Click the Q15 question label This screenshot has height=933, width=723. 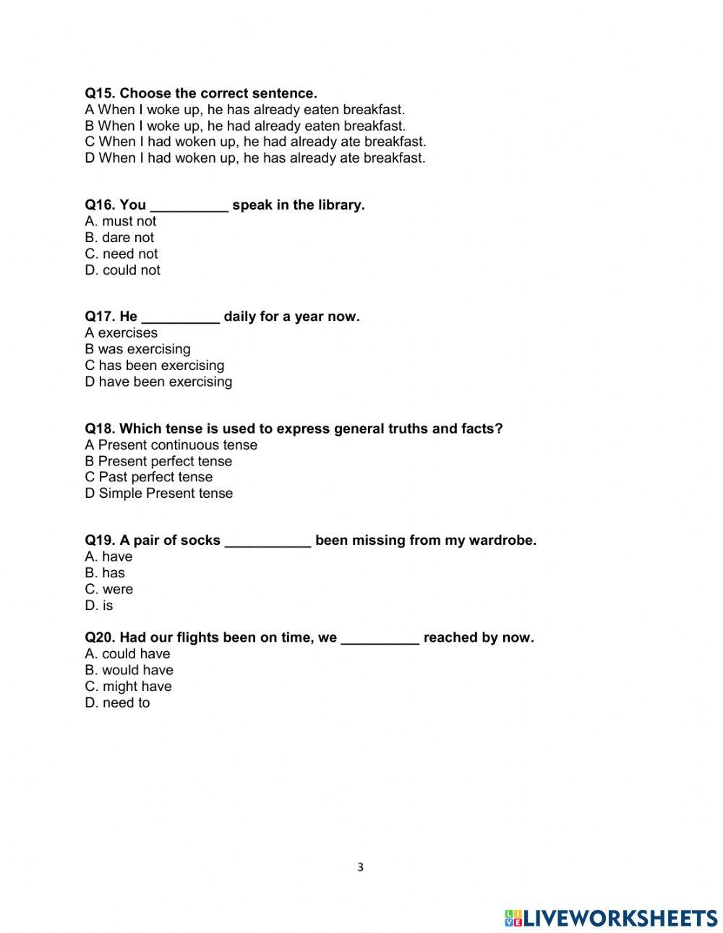[100, 93]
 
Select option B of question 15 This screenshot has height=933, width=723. [245, 126]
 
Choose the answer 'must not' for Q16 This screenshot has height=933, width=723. [121, 221]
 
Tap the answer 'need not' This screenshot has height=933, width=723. [121, 254]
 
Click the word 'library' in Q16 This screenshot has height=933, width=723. [338, 205]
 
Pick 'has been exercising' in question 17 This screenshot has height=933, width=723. [155, 365]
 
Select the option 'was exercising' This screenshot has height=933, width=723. [137, 349]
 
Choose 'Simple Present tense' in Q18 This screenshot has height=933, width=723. [159, 494]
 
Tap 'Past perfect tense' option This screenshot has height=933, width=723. [149, 477]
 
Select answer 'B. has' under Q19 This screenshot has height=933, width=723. [105, 573]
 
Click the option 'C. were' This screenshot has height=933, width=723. [109, 589]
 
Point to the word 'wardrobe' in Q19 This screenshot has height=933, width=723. [502, 541]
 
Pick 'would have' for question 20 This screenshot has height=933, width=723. [129, 670]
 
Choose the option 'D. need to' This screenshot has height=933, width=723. [117, 702]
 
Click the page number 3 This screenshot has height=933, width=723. [361, 867]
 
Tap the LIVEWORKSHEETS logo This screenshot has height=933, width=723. [611, 918]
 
